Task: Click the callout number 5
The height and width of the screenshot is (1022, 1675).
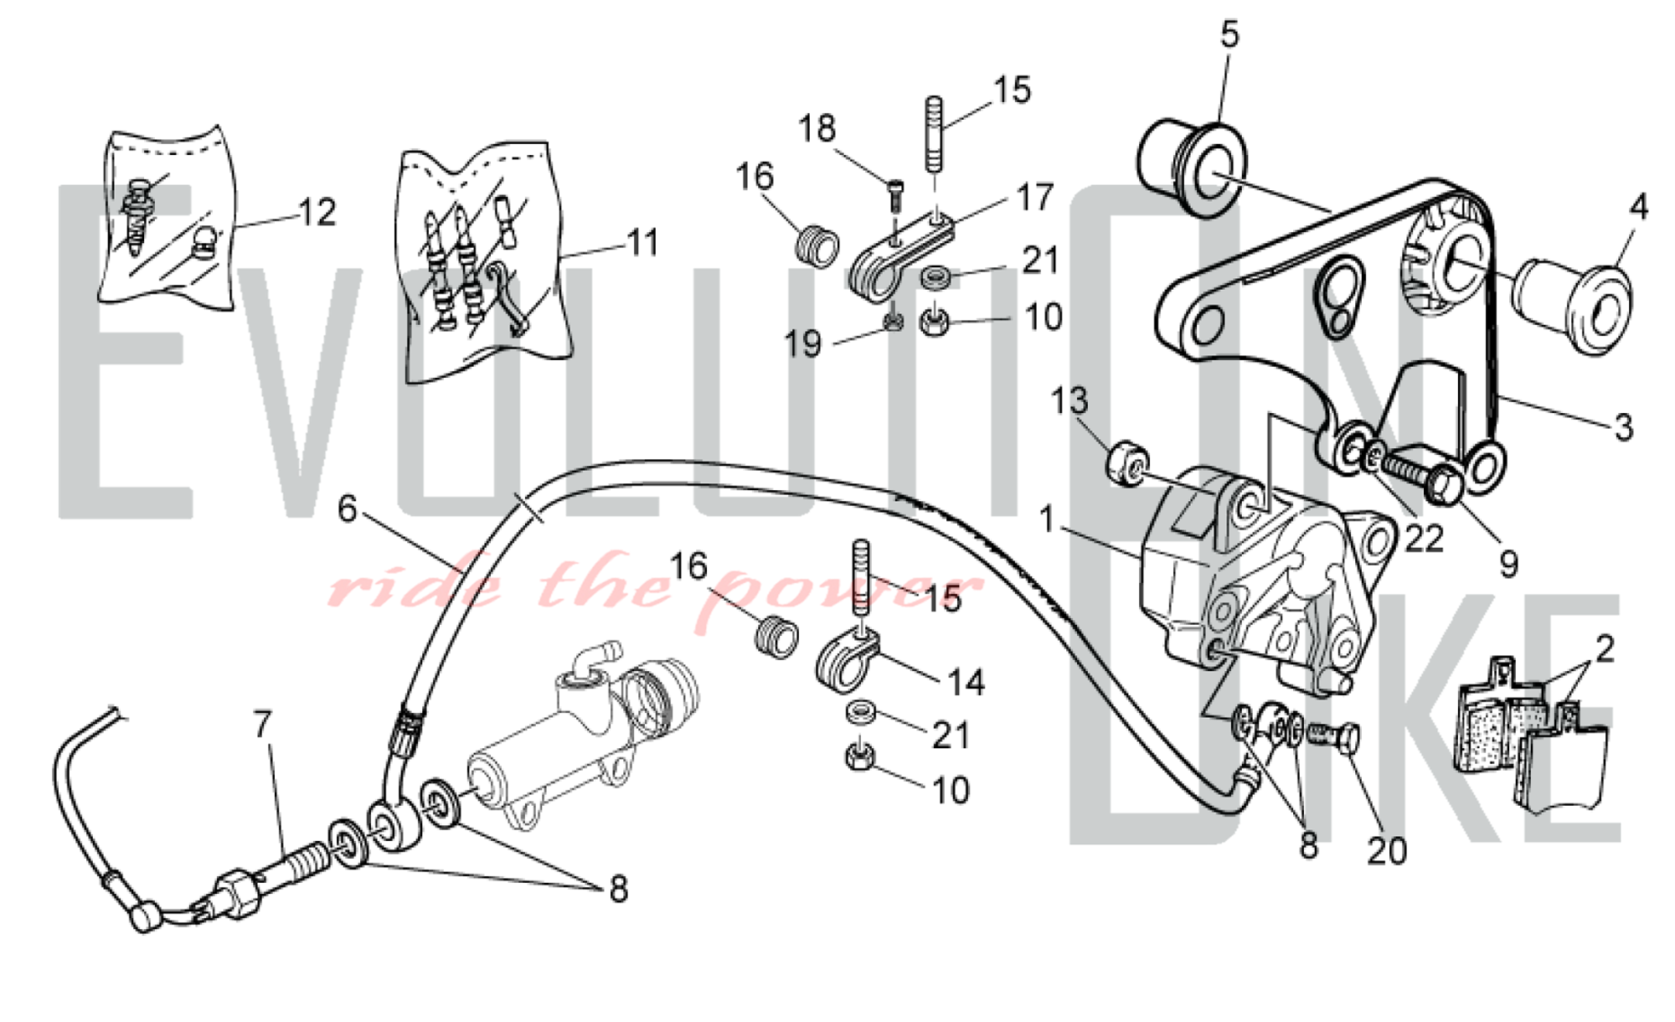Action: [1229, 34]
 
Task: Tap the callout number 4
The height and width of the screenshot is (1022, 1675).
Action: [1638, 207]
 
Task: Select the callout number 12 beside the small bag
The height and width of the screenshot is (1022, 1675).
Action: [317, 213]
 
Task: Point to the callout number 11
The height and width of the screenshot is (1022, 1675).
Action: [643, 243]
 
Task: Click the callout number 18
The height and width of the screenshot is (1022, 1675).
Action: [817, 129]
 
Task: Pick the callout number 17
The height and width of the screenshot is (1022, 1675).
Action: [1034, 198]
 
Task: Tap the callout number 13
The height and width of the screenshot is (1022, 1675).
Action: [1069, 401]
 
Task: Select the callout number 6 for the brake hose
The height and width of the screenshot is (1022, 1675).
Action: [348, 508]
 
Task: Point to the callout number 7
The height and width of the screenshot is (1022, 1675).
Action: [263, 725]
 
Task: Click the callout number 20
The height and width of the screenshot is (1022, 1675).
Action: [1386, 851]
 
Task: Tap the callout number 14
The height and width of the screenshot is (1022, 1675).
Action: [966, 683]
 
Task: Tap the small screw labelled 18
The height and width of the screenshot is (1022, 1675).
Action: [895, 190]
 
